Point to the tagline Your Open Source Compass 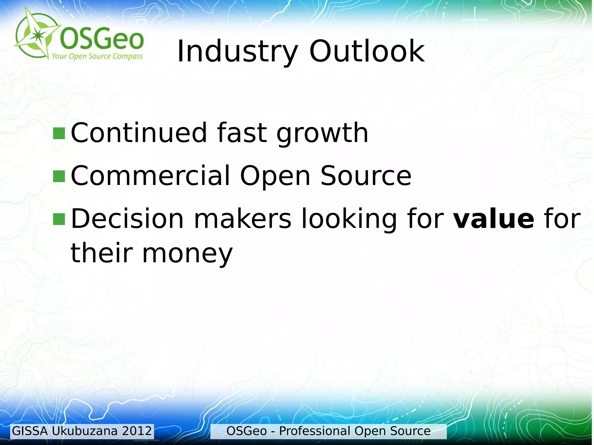tap(97, 56)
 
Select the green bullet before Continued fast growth tap(59, 133)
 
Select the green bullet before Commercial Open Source tap(59, 176)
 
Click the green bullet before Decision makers tap(59, 219)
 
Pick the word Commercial tap(150, 176)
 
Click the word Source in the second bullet tap(365, 176)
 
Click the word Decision tap(127, 219)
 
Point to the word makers tap(242, 219)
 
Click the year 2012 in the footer tap(137, 431)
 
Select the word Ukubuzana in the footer tap(85, 431)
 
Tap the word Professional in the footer tap(314, 431)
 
